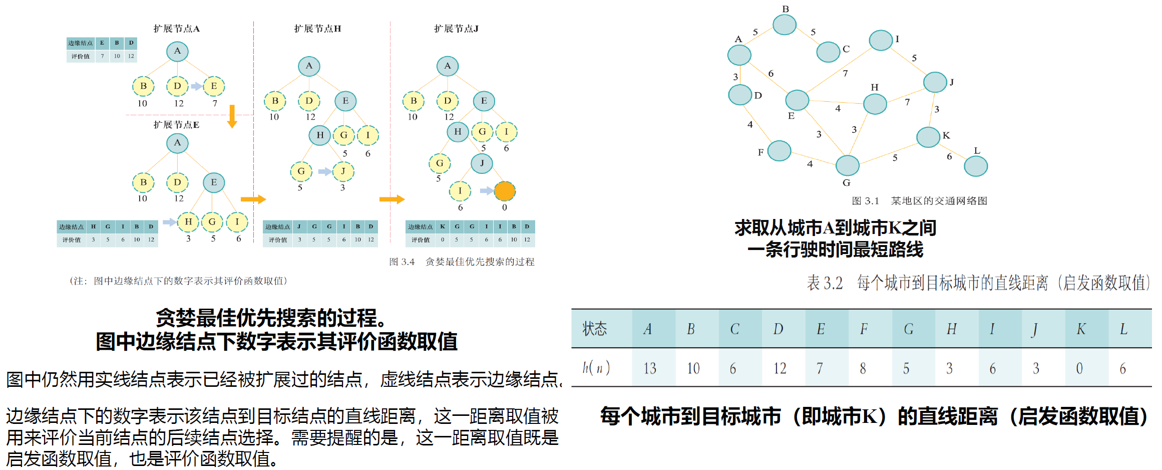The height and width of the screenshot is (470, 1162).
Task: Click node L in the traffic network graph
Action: [x=975, y=166]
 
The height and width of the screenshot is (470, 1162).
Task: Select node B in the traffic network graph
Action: [x=784, y=25]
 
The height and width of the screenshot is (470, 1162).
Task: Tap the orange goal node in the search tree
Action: [x=504, y=191]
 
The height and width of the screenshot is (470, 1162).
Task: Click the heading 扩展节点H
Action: [x=317, y=29]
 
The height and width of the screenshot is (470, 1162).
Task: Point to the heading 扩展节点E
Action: [x=176, y=125]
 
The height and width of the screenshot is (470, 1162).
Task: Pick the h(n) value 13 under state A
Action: [x=650, y=369]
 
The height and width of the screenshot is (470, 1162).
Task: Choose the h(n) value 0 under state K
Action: [x=1079, y=369]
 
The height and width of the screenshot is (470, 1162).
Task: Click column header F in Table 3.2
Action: [x=864, y=329]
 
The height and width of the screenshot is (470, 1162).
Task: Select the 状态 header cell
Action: [x=595, y=329]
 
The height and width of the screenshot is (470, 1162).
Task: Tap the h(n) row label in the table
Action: [x=596, y=368]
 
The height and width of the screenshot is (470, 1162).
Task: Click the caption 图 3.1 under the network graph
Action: [x=865, y=201]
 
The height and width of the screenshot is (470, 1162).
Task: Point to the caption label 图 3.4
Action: [x=402, y=262]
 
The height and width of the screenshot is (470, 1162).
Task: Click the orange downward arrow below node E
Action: [x=232, y=116]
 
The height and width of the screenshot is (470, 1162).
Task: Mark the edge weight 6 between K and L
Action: [x=949, y=156]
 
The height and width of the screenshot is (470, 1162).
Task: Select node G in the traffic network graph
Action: [x=847, y=165]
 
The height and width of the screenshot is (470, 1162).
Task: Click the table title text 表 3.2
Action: [x=825, y=283]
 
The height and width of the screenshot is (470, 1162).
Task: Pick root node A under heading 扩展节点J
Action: [x=447, y=66]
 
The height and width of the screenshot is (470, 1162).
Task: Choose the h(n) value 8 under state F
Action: [x=863, y=369]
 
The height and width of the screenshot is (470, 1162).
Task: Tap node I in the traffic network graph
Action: [x=881, y=41]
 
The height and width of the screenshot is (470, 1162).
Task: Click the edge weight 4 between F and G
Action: [x=810, y=164]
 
